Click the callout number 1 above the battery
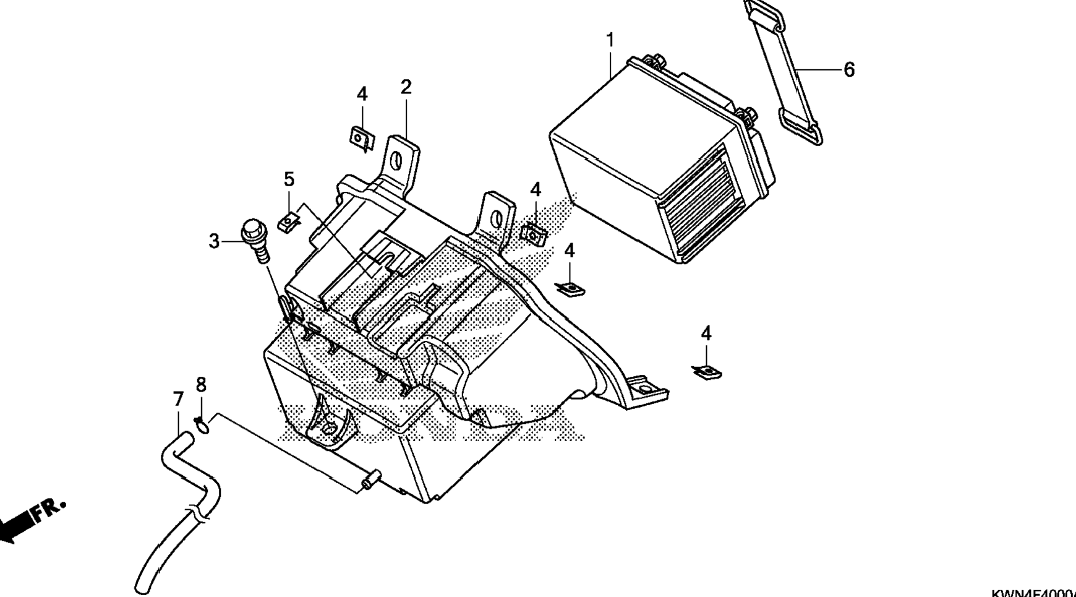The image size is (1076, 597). pos(610,41)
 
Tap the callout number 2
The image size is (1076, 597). pos(406,87)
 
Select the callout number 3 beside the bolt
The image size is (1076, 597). pos(214,241)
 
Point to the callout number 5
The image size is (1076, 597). pos(289,179)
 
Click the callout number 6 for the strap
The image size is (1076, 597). pos(849,70)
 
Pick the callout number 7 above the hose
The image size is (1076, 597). pos(178,400)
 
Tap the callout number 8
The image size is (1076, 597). pos(201,385)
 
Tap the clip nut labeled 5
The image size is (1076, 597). pos(288,220)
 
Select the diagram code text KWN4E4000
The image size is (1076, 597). pos(1033,592)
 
